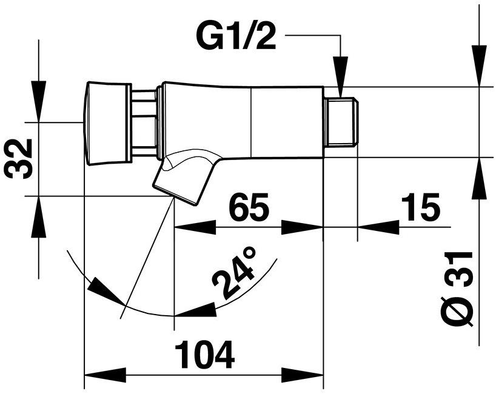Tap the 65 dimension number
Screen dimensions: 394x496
[249, 209]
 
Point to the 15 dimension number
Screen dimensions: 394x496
[420, 209]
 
